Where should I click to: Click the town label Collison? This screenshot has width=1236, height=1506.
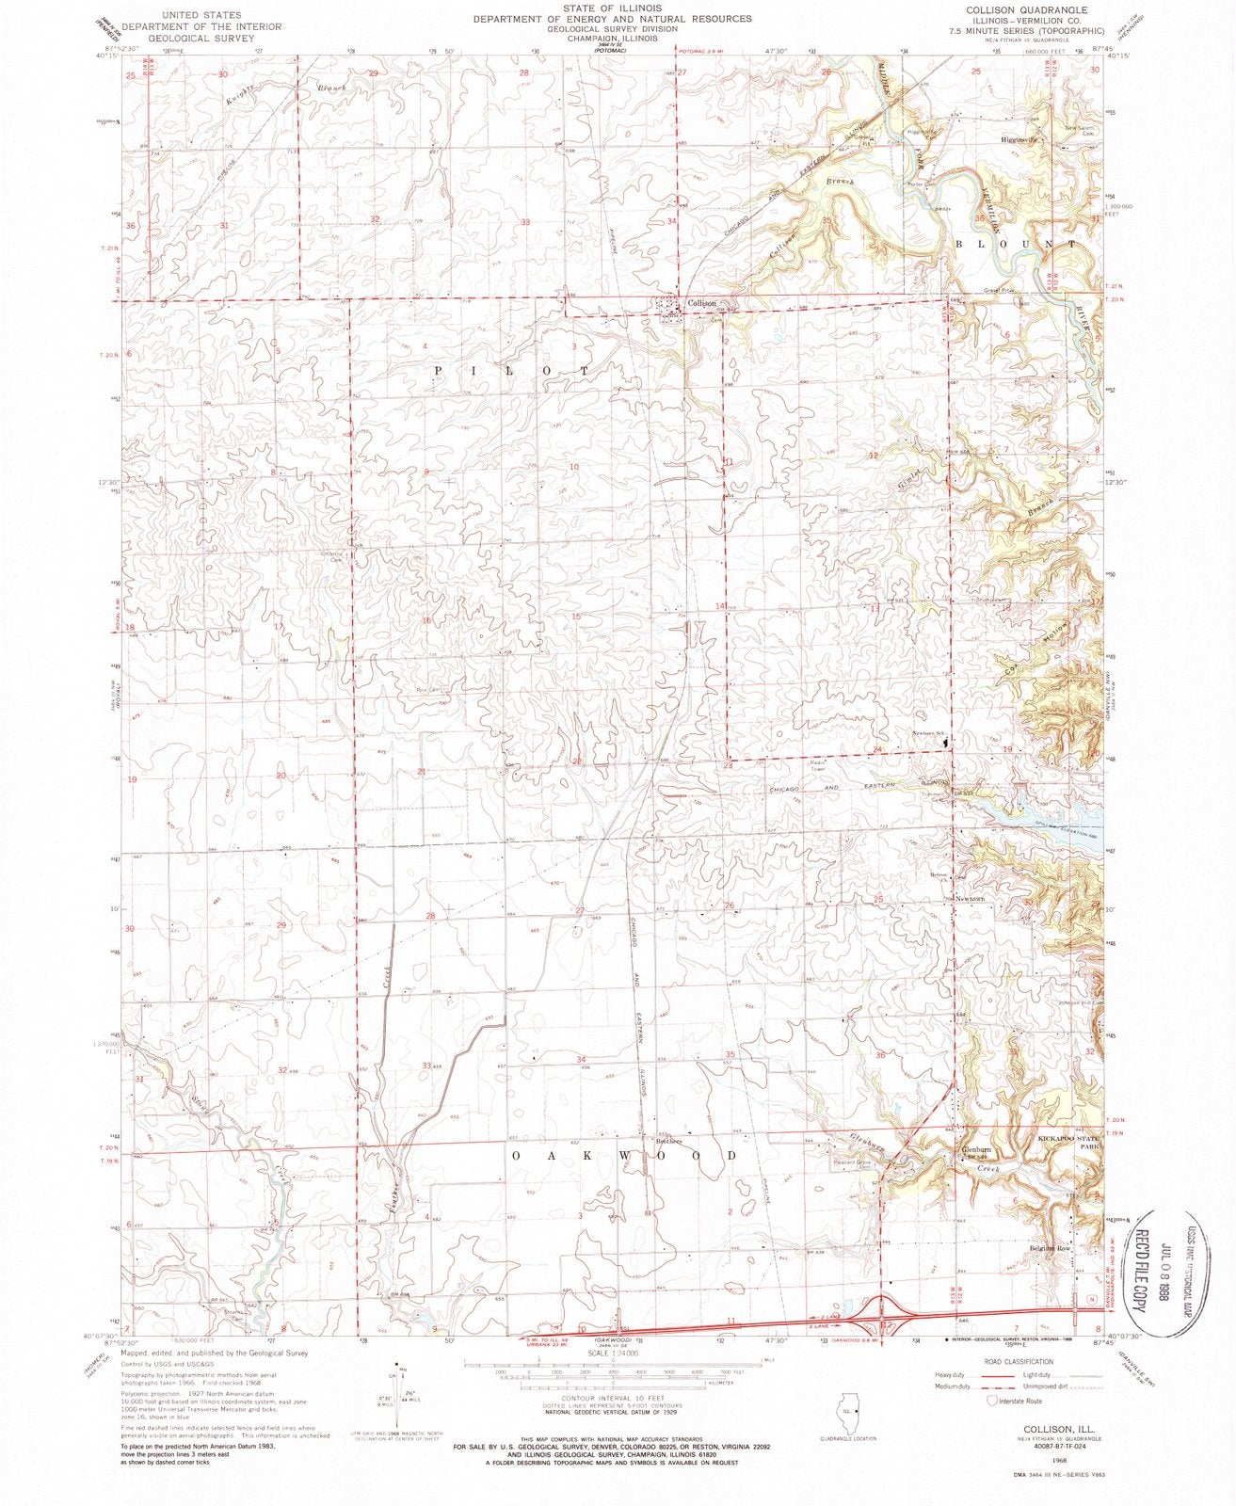[x=702, y=304]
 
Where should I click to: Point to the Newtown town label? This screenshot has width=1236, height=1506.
[x=969, y=899]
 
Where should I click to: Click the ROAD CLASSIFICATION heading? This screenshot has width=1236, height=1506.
[x=1018, y=1361]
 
